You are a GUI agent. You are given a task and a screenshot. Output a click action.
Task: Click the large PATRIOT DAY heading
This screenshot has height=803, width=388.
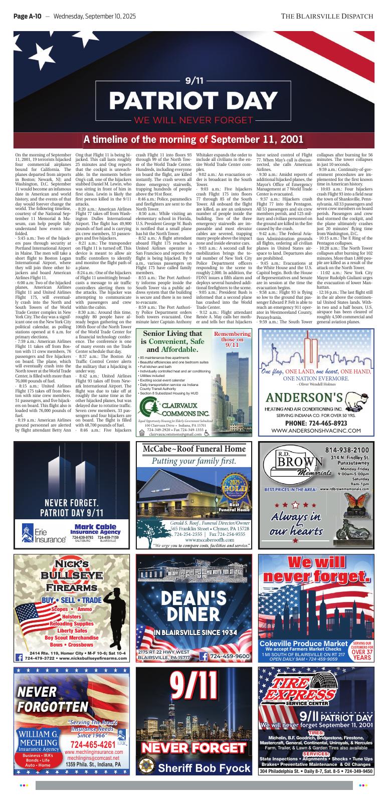point(193,100)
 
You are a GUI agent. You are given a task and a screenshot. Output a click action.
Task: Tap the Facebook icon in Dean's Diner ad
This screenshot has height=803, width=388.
point(204,656)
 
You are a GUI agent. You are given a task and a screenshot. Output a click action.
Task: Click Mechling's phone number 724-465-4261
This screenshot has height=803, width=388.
point(89,743)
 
